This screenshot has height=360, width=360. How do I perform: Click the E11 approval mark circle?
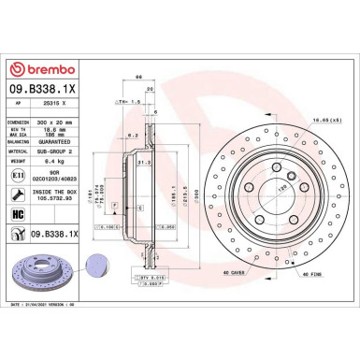[x=19, y=176]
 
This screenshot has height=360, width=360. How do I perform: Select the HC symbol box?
[x=19, y=215]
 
